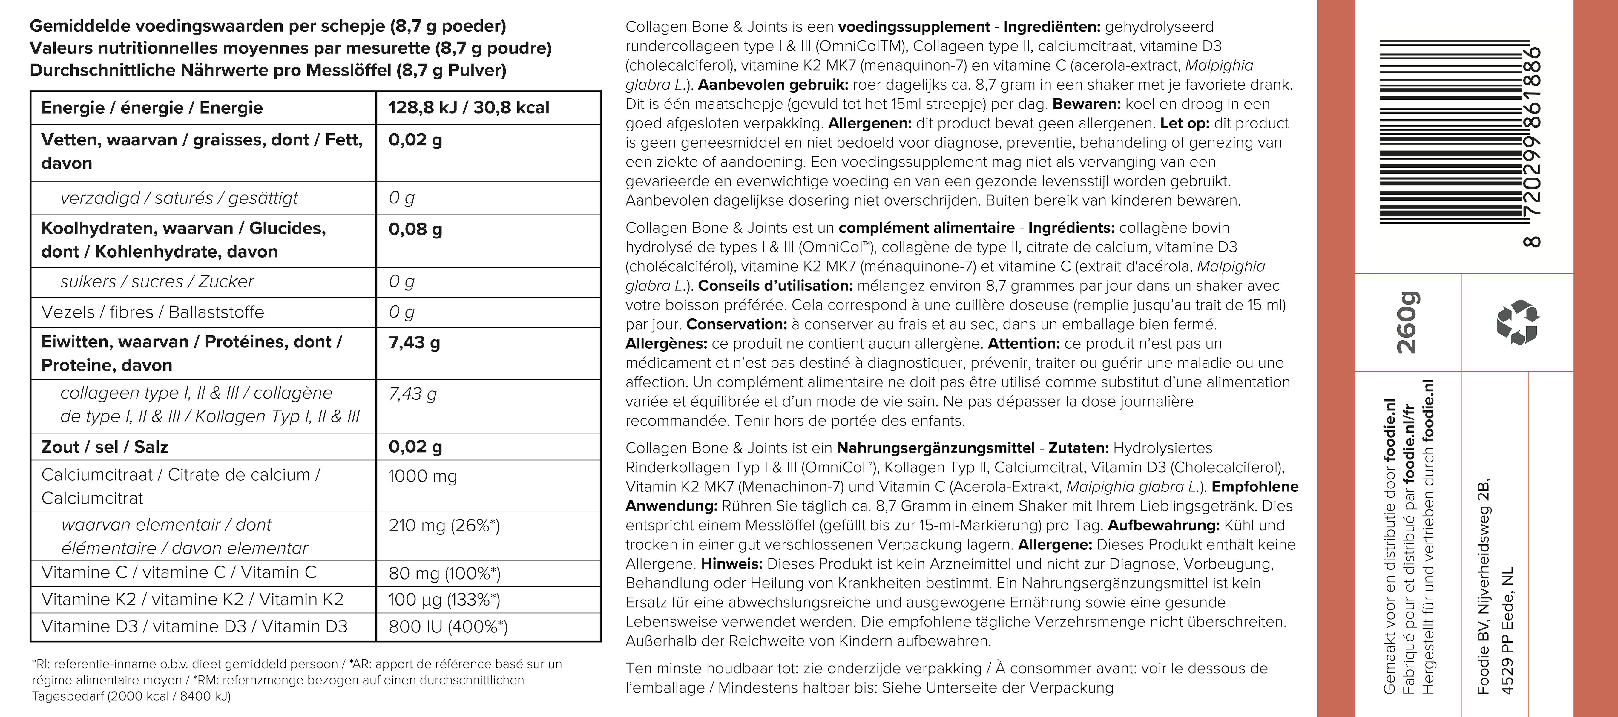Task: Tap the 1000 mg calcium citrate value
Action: point(422,476)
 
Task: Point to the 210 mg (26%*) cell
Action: point(444,525)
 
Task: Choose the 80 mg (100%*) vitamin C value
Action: point(444,573)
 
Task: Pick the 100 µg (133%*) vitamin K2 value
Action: point(444,600)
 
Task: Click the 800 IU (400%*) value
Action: point(448,626)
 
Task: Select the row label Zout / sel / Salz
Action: point(104,447)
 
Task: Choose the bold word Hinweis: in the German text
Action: point(732,564)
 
